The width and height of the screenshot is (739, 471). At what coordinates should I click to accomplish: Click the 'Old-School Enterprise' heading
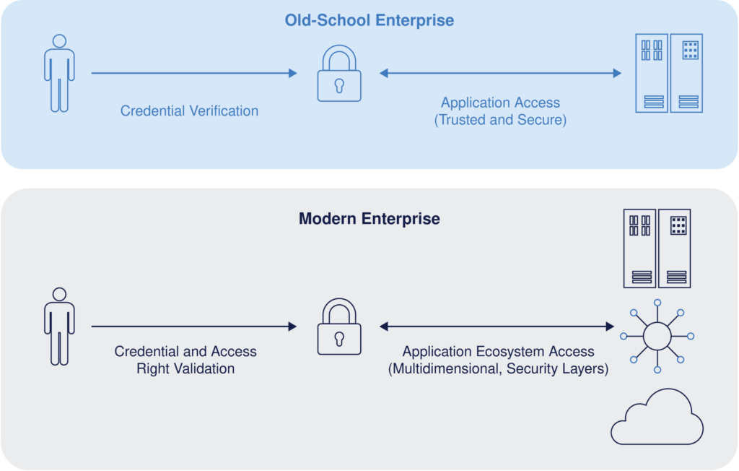369,20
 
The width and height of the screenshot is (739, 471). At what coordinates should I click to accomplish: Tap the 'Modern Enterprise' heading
369,218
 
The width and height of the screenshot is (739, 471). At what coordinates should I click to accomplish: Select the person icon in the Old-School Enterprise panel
59,73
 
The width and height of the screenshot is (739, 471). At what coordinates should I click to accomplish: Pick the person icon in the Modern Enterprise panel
59,326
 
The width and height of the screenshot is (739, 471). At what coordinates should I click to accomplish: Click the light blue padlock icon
339,74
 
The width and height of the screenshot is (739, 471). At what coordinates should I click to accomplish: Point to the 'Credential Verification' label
189,111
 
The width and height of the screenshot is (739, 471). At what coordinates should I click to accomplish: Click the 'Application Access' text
500,103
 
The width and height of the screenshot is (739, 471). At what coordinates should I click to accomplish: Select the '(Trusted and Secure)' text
500,120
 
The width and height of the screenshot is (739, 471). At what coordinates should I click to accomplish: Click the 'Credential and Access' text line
185,352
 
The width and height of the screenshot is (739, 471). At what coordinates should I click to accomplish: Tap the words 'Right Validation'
185,368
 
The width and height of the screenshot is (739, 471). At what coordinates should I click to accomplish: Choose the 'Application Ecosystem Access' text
498,352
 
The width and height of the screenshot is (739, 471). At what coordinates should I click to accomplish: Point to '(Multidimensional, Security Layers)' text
498,369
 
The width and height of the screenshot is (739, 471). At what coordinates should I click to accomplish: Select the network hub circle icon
657,336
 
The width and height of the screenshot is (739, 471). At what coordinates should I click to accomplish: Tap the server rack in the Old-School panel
668,73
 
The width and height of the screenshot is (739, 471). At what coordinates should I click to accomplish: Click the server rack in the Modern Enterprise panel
657,249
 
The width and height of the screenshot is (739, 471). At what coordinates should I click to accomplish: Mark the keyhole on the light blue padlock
339,85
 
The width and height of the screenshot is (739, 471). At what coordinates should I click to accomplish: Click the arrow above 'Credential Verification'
193,73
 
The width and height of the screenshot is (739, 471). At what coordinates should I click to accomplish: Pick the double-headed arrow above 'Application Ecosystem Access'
497,327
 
